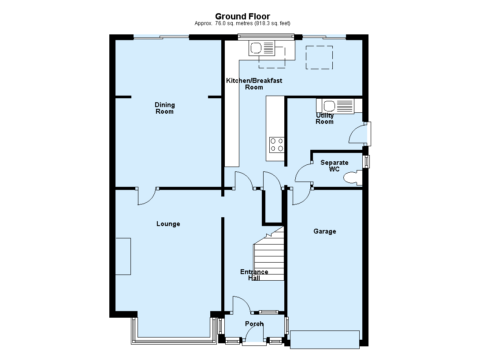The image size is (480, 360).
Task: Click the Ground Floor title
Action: [x=242, y=17]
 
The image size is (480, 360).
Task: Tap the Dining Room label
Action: [x=165, y=108]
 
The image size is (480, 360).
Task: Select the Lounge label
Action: [x=168, y=224]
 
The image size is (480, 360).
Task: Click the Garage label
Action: [x=324, y=231]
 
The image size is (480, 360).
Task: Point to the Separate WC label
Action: [x=334, y=166]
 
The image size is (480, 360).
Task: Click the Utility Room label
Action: [x=324, y=119]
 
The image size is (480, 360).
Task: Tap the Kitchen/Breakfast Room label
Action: [x=254, y=84]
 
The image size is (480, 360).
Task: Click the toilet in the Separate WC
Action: [x=353, y=178]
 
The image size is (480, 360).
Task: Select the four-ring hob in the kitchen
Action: [x=276, y=145]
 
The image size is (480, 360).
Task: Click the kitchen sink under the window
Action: [x=262, y=48]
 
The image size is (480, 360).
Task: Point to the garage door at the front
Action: [x=325, y=339]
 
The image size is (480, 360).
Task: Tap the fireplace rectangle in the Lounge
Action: [x=123, y=256]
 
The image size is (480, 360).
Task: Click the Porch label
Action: [x=254, y=324]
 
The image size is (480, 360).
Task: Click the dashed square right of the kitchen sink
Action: [x=319, y=58]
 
